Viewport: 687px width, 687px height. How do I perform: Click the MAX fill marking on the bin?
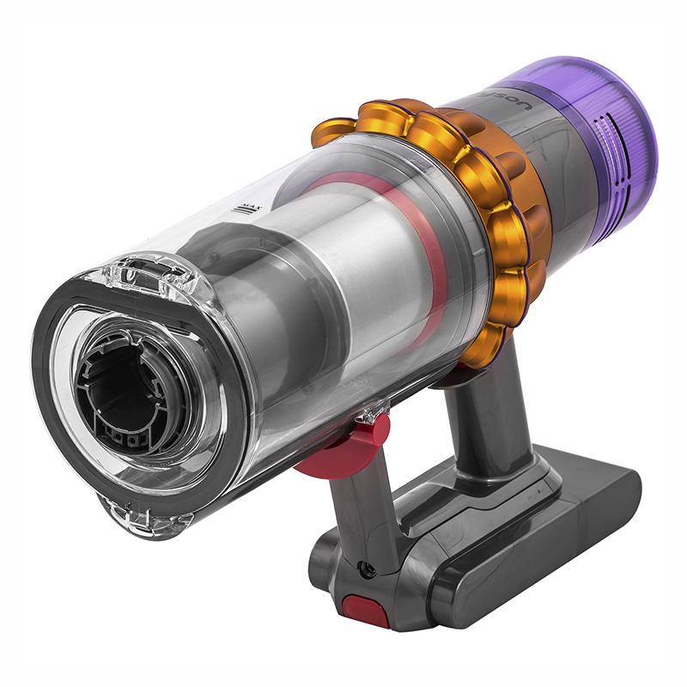point(250,209)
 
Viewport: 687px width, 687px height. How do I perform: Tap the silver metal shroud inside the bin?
point(378,283)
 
